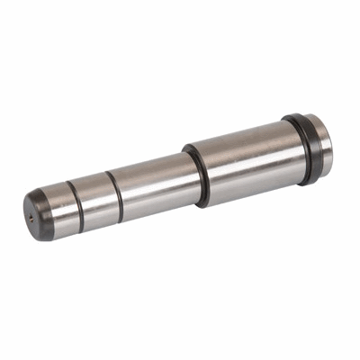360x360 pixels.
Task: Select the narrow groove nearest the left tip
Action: click(74, 207)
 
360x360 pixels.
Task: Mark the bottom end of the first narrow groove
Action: click(82, 225)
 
